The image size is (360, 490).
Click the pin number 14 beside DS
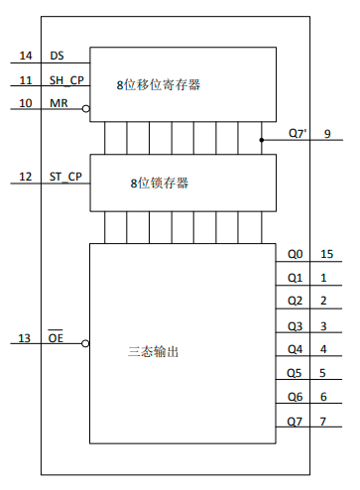click(x=25, y=56)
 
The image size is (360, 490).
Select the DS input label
click(x=57, y=56)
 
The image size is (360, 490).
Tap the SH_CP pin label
click(x=66, y=80)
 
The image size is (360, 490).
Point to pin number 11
click(x=25, y=80)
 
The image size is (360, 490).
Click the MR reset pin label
click(x=59, y=103)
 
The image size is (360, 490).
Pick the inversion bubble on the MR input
click(x=86, y=107)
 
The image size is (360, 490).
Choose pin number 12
click(x=25, y=178)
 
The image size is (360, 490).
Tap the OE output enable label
click(x=56, y=339)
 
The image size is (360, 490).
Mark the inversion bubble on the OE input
click(x=86, y=343)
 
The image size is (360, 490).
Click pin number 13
click(x=25, y=339)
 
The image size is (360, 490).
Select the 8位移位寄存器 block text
click(x=159, y=85)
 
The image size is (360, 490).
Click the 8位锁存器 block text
click(x=159, y=184)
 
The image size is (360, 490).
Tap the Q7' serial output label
click(x=297, y=133)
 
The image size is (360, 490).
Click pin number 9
click(x=327, y=133)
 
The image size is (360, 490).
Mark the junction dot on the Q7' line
click(x=262, y=140)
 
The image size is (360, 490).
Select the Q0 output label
click(x=296, y=254)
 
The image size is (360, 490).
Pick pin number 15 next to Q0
click(x=326, y=254)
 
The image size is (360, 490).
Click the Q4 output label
click(x=296, y=349)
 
